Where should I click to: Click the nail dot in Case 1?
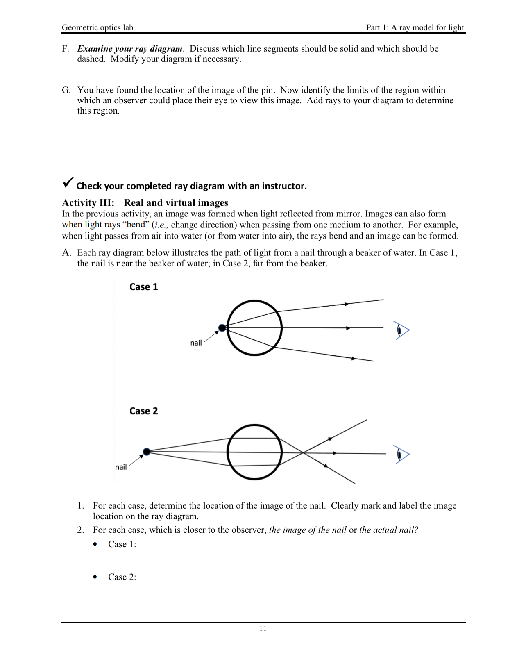(222, 328)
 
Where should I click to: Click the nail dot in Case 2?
(146, 452)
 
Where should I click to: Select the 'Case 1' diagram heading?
(143, 287)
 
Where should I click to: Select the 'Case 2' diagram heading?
(143, 411)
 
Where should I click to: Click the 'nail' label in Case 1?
(196, 343)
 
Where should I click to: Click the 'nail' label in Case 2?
(121, 467)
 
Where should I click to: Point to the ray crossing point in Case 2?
(303, 452)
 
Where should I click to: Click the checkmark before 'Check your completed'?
(68, 182)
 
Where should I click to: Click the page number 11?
(263, 628)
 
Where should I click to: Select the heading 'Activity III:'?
(88, 203)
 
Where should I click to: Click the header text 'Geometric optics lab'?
(97, 27)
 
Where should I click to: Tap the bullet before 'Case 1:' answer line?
(95, 544)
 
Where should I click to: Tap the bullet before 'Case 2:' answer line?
(95, 577)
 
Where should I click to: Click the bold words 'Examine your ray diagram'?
(130, 49)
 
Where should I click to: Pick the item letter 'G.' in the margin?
(66, 90)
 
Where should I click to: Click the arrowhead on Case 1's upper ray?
(347, 304)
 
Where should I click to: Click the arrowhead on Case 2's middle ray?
(335, 453)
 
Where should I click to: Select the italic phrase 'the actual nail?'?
(389, 530)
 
